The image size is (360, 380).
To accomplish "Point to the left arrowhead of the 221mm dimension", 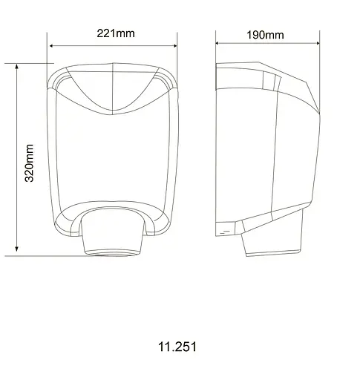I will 52,45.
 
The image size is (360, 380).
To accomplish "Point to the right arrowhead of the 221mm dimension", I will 177,45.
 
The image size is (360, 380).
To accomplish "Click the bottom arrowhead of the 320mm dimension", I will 18,252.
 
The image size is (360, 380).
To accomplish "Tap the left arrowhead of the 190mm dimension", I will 218,45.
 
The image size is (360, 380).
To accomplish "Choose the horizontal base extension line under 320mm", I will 45,255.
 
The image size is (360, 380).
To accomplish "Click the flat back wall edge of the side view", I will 216,148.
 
